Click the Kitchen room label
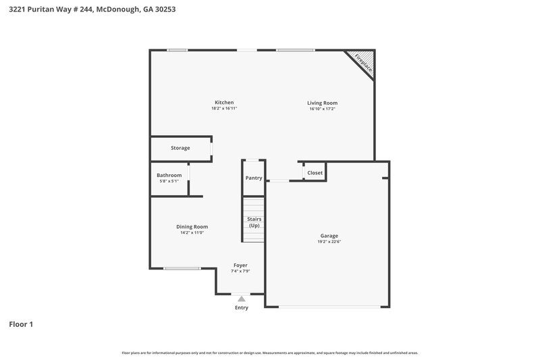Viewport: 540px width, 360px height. point(224,102)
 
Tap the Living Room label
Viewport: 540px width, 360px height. point(322,103)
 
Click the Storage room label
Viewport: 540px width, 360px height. point(180,148)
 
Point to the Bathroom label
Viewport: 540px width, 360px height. point(169,176)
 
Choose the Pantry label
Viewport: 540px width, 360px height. point(254,178)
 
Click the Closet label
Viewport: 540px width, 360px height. point(315,173)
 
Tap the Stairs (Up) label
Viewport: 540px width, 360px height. point(254,222)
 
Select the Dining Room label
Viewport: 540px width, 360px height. point(192,226)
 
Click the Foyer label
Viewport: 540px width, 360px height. point(240,265)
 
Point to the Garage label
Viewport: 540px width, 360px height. point(329,236)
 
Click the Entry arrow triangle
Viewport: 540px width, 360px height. point(242,298)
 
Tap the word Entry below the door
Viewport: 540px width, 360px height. point(242,308)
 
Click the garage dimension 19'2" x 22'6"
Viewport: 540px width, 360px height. point(329,242)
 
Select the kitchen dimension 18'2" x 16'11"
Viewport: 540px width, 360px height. point(224,108)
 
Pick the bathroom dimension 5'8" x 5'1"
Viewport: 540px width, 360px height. point(169,181)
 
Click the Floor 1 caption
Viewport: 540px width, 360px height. point(21,324)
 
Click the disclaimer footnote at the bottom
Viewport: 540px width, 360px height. point(269,353)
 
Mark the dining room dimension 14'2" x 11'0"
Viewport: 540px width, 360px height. point(192,232)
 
